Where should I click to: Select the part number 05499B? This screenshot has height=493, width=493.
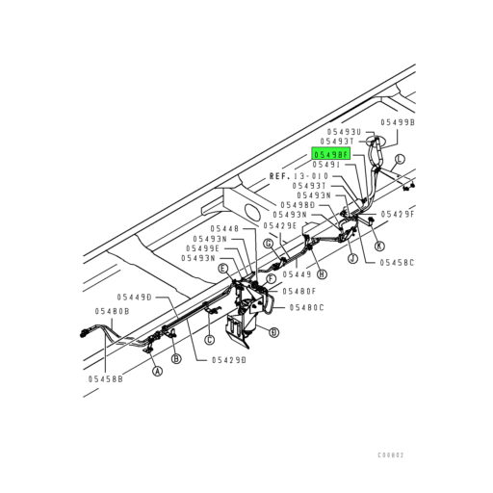tap(397, 122)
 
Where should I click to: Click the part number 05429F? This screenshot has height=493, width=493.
tap(398, 213)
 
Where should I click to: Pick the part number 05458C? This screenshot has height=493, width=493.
tap(396, 261)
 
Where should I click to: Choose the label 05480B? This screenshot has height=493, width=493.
tap(112, 311)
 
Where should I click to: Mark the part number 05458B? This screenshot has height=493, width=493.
tap(107, 379)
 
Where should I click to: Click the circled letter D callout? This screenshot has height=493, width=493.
tap(273, 332)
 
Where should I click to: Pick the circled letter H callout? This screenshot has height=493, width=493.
tap(321, 273)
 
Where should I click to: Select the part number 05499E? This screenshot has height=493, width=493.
tap(204, 248)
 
